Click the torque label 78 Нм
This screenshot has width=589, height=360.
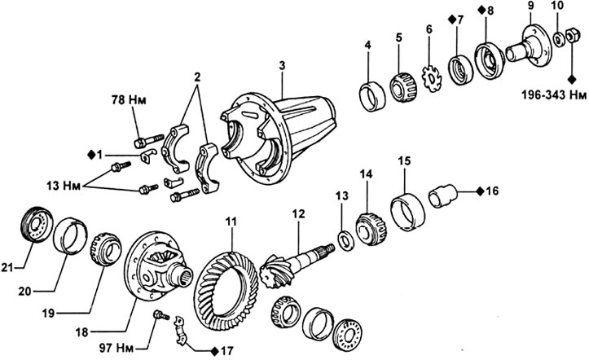click(129, 100)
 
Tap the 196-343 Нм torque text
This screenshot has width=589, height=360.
click(554, 95)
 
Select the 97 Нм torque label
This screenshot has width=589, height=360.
click(117, 349)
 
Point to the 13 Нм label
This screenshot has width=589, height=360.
click(64, 186)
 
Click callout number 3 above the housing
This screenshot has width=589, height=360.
click(282, 66)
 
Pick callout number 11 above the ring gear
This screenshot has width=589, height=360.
click(231, 221)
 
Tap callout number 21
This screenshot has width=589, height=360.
click(7, 268)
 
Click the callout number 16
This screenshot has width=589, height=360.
click(492, 191)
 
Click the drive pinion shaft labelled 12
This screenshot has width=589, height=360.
click(297, 263)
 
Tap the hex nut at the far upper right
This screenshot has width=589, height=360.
click(572, 36)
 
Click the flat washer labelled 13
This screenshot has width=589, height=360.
click(345, 240)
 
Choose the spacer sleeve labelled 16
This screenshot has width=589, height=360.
click(443, 197)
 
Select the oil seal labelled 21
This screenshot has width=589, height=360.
click(36, 224)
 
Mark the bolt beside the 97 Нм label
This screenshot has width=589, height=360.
click(161, 315)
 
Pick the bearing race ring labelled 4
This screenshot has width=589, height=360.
click(372, 96)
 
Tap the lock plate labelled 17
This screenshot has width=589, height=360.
click(180, 331)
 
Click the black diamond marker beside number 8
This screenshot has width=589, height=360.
click(481, 10)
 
